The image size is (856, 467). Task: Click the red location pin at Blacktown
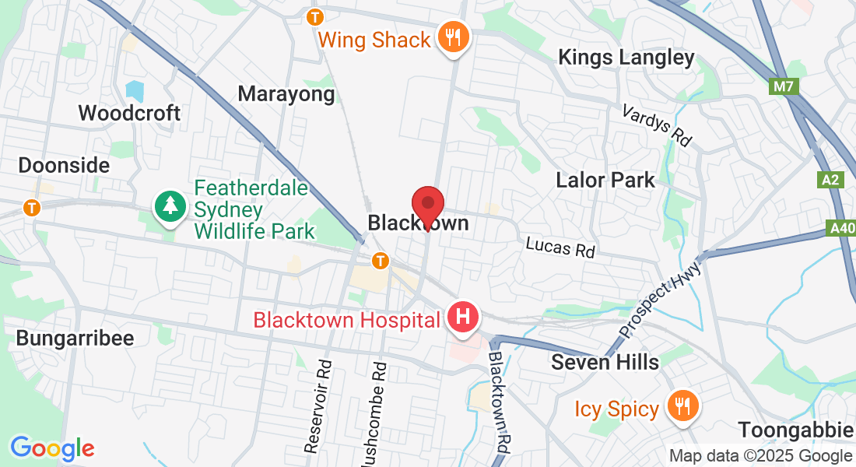(427, 205)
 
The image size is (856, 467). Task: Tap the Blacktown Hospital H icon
(463, 318)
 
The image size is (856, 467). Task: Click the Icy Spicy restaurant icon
(682, 406)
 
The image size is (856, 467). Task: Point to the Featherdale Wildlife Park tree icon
(170, 206)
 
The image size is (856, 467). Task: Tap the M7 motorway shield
(784, 86)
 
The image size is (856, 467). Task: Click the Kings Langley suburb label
(626, 57)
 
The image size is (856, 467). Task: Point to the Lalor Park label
(605, 181)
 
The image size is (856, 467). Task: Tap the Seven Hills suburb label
(605, 362)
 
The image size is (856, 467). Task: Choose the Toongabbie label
(795, 430)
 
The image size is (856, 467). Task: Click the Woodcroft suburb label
(129, 113)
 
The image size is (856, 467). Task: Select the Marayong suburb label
(286, 94)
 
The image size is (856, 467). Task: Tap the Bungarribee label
(75, 338)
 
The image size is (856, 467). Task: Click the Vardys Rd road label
(658, 125)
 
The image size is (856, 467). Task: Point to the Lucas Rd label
(560, 248)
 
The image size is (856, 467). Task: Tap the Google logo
(52, 448)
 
